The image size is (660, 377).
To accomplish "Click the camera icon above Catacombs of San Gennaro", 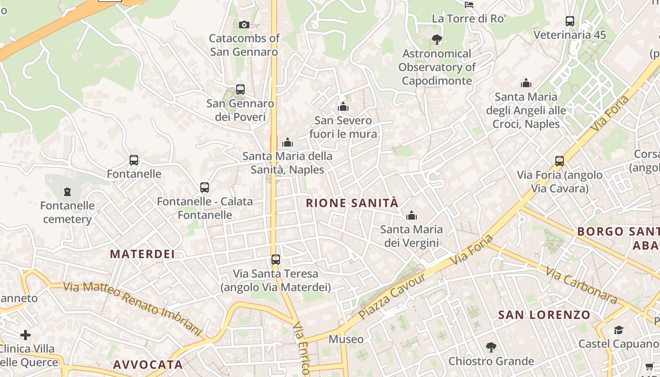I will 244,25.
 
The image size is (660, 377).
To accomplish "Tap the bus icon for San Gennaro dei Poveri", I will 240,90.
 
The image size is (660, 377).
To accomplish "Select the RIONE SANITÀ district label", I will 352,203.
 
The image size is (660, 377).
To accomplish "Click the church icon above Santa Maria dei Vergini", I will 412,216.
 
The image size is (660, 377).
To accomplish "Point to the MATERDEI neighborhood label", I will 142,254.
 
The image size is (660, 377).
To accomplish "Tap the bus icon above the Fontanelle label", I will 134,160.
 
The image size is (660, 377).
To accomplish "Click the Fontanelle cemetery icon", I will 67,192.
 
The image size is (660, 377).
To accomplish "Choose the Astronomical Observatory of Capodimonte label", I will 437,67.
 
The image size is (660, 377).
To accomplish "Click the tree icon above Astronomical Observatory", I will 437,40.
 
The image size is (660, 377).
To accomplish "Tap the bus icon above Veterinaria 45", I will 570,21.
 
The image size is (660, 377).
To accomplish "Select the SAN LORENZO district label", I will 544,315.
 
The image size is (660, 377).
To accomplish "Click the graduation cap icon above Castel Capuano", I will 619,330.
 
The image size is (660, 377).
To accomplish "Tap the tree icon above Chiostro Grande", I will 491,347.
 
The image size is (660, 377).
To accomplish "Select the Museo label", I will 346,339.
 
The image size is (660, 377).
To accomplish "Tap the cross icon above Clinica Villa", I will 25,335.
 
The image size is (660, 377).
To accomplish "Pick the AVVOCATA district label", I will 148,365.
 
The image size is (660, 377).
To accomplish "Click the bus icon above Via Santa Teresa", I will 276,260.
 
